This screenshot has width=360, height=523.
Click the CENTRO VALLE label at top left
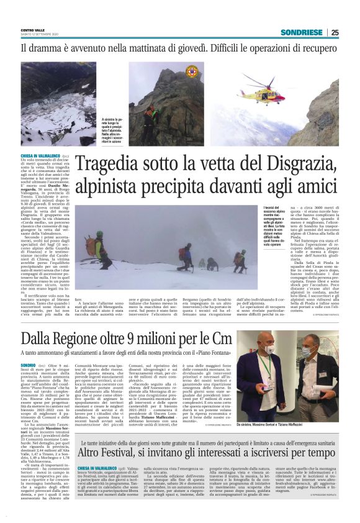coord(33,30)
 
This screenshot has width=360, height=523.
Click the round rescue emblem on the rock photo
coord(192,71)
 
